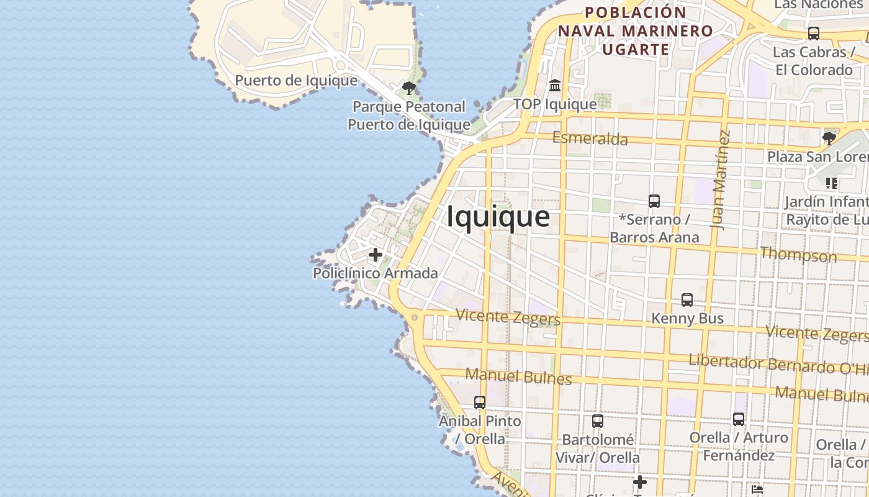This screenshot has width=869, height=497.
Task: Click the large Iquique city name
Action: pyautogui.click(x=498, y=217)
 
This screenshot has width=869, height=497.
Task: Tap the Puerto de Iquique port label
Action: pyautogui.click(x=296, y=81)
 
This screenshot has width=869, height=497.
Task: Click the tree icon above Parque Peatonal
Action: pyautogui.click(x=408, y=88)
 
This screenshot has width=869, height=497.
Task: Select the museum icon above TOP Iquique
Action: pyautogui.click(x=555, y=85)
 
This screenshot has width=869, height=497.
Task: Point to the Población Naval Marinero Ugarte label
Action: pyautogui.click(x=636, y=30)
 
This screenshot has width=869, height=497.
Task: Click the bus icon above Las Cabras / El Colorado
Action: pyautogui.click(x=813, y=34)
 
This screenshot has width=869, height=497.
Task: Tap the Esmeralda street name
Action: pyautogui.click(x=590, y=139)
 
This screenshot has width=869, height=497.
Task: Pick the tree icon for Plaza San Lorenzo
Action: pyautogui.click(x=829, y=139)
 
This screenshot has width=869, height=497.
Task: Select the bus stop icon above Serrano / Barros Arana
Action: pyautogui.click(x=654, y=201)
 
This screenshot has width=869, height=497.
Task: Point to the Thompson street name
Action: pyautogui.click(x=798, y=254)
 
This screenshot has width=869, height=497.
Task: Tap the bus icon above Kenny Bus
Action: pyautogui.click(x=687, y=300)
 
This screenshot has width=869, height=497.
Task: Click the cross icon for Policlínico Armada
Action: pyautogui.click(x=376, y=255)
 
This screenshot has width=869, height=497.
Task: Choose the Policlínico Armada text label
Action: pyautogui.click(x=375, y=273)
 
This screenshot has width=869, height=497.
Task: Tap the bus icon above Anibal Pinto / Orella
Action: pyautogui.click(x=480, y=403)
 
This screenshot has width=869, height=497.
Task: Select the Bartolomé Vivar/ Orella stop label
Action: pyautogui.click(x=597, y=449)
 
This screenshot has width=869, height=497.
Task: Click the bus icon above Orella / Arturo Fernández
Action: pyautogui.click(x=738, y=419)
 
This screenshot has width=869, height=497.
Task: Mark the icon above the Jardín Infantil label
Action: pyautogui.click(x=832, y=183)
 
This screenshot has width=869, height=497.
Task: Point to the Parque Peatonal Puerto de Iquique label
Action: pyautogui.click(x=408, y=116)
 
